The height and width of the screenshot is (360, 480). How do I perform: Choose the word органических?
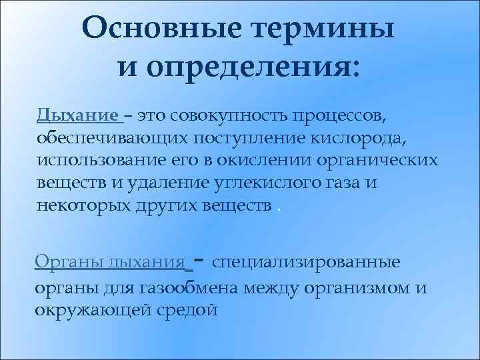(x=379, y=161)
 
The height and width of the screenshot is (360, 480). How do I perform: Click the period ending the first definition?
(x=278, y=208)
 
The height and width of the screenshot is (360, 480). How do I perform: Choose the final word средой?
(x=194, y=311)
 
